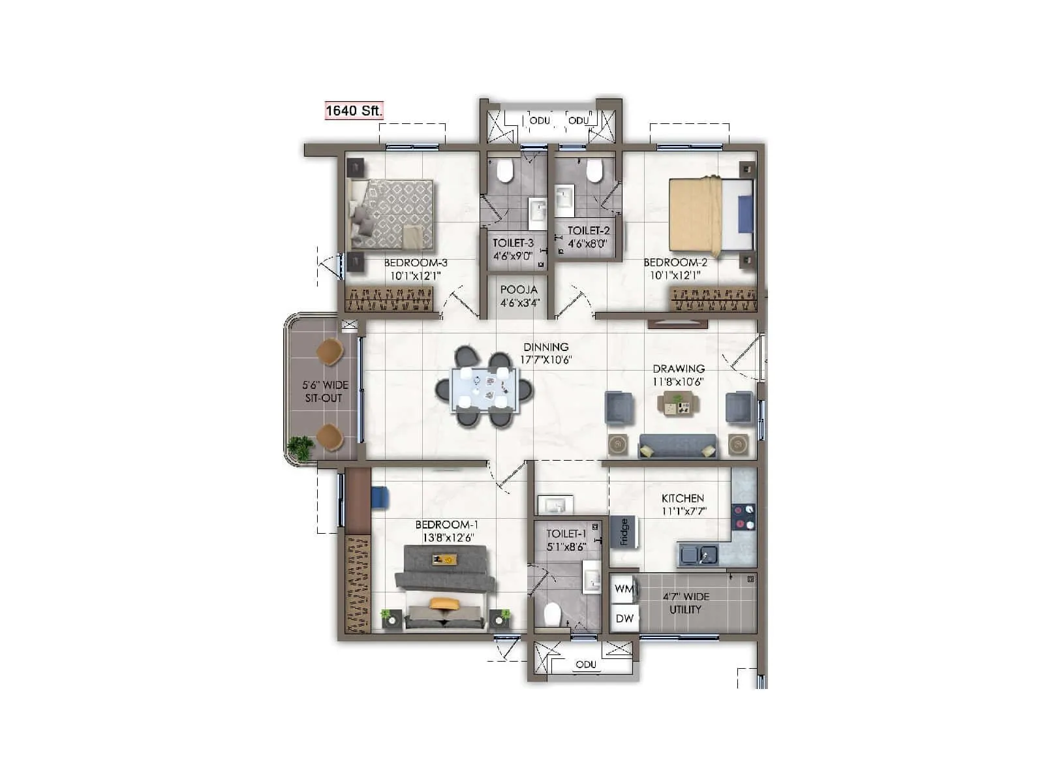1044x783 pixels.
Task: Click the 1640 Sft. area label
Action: point(354,110)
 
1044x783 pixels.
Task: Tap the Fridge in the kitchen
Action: point(624,532)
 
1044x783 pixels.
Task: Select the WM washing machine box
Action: point(624,589)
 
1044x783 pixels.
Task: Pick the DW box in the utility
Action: point(624,618)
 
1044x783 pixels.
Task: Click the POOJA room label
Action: point(519,290)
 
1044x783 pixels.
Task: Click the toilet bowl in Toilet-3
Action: point(504,172)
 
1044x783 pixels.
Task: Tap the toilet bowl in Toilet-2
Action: point(594,171)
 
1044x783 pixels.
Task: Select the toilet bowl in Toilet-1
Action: point(553,614)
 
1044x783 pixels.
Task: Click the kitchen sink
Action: point(698,555)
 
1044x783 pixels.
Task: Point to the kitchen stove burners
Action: point(744,517)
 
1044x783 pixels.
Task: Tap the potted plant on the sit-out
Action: point(301,448)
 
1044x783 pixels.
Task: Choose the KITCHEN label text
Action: point(683,499)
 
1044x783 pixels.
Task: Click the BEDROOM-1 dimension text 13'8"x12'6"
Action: point(448,538)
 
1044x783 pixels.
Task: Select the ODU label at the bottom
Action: point(585,664)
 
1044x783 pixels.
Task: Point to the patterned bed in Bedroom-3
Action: point(393,213)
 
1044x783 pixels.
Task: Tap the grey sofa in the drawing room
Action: point(677,446)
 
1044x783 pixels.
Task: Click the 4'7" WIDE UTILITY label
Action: point(686,603)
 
